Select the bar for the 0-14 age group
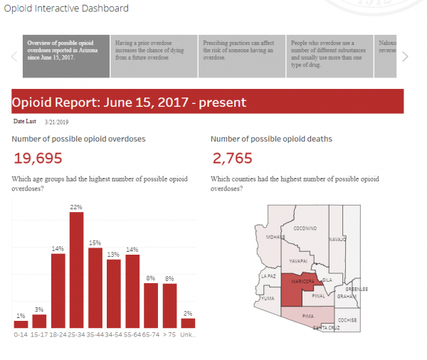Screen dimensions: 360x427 tap(21, 323)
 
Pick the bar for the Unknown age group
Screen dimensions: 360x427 tap(188, 323)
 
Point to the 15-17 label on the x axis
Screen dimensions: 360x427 tap(39, 333)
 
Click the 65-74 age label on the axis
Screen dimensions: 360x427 tap(151, 333)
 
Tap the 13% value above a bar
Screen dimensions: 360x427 tap(113, 254)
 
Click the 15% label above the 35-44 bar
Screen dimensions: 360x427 tap(95, 243)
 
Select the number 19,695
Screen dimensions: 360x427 tap(38, 158)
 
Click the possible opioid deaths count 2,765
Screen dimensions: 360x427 tap(233, 158)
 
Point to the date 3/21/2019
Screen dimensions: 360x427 tap(58, 122)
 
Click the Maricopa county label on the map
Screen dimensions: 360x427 tap(302, 291)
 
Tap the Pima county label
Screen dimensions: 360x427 tap(308, 314)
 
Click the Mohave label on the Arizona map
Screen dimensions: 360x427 tap(275, 237)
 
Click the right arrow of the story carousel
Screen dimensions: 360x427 tap(406, 56)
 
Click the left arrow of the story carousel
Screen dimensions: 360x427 tap(14, 56)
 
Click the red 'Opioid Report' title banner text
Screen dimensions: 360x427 tap(129, 102)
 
